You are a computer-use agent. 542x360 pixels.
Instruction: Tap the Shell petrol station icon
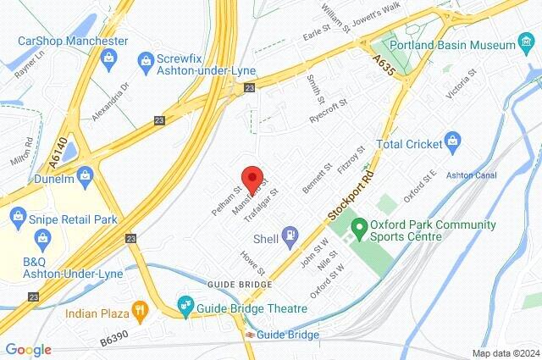(x=290, y=233)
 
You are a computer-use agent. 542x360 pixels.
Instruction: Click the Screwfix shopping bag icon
(x=145, y=61)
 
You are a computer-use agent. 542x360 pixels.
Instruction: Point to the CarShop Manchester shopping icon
(x=108, y=57)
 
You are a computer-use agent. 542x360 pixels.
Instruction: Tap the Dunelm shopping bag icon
(x=84, y=175)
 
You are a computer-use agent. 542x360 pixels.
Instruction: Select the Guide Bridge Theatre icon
(x=185, y=303)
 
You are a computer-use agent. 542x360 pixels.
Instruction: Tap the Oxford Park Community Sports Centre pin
(x=358, y=227)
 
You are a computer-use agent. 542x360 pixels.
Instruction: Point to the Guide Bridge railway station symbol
(x=251, y=335)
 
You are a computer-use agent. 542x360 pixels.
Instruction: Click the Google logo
(x=28, y=350)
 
